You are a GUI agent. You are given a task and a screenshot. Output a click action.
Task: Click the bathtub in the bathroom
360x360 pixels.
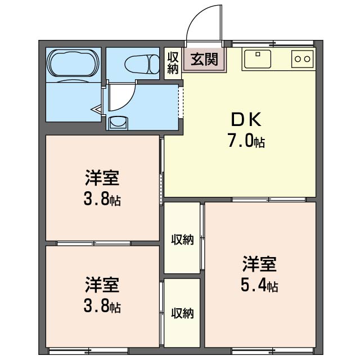(73, 63)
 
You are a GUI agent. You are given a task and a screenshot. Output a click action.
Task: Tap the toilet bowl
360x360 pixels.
(142, 64)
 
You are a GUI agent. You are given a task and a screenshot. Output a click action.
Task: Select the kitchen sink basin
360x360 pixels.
(258, 59)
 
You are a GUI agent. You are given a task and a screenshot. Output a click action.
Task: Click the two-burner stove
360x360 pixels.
(303, 59)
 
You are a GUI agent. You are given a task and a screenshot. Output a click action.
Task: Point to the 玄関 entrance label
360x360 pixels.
(204, 59)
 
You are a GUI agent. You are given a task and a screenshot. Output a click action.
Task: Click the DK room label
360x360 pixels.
(246, 119)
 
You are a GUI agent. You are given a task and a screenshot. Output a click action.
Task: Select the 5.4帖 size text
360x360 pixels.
(259, 285)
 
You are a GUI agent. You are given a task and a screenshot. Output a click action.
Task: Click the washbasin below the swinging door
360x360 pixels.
(119, 122)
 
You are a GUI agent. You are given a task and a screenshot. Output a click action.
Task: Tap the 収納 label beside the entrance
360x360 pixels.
(173, 63)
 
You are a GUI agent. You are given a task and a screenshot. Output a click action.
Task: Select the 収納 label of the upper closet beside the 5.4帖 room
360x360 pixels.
(182, 240)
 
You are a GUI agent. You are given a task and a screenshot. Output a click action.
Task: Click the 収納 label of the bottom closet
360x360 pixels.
(182, 313)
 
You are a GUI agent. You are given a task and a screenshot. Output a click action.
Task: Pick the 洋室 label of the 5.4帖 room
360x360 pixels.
(259, 264)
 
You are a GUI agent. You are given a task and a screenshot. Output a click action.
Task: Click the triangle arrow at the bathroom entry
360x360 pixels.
(97, 110)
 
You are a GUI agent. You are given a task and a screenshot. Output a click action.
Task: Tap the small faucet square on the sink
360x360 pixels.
(258, 54)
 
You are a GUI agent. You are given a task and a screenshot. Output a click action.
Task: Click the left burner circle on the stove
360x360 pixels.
(298, 59)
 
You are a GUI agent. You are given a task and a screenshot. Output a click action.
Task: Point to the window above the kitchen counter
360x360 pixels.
(273, 43)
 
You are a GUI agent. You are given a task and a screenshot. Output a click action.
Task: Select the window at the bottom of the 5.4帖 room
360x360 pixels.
(273, 351)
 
